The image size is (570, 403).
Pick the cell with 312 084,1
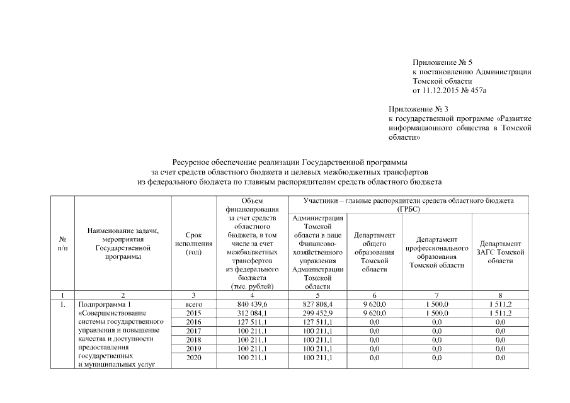coord(252,312)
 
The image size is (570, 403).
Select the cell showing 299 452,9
coord(317,312)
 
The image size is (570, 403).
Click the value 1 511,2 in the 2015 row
coord(500,312)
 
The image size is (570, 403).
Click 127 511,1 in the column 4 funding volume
coord(252,321)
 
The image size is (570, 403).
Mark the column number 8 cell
coord(500,295)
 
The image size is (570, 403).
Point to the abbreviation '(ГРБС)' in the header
coord(408,208)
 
